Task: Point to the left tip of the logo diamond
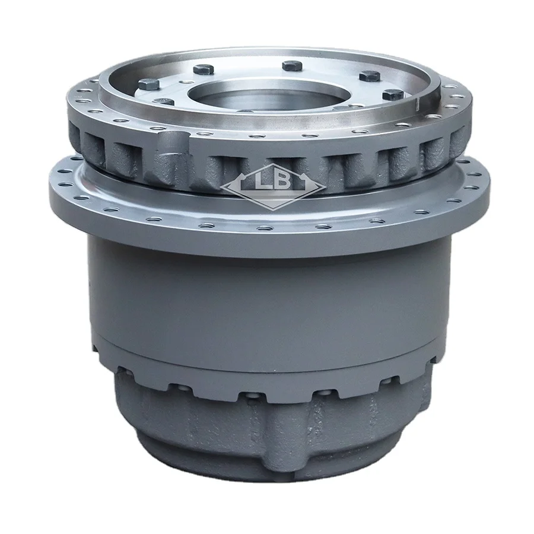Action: pos(221,189)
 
